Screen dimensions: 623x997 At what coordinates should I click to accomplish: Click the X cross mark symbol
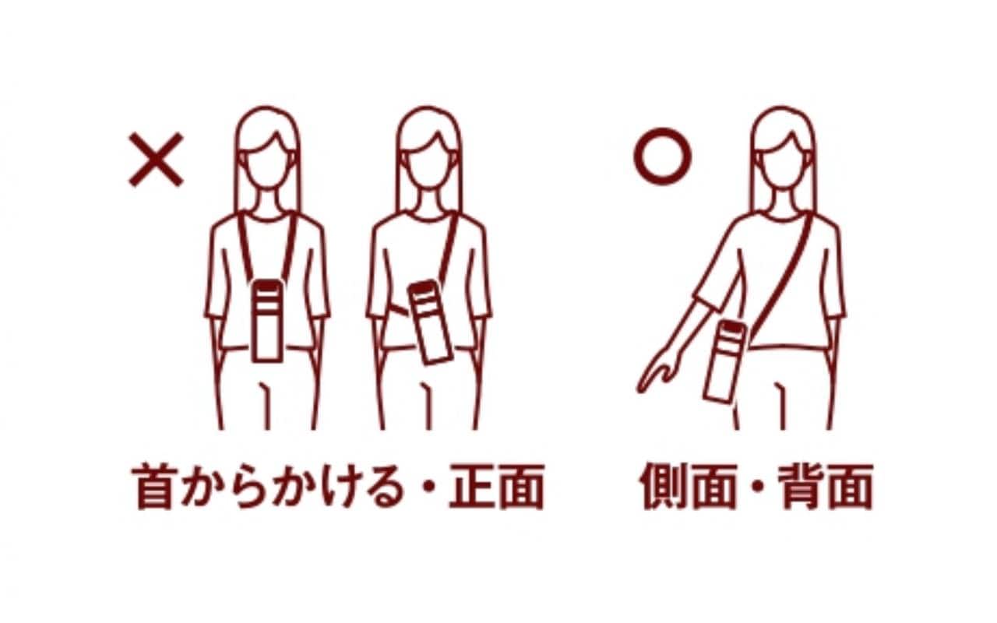tap(156, 160)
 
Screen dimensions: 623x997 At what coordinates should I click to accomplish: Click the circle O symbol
tap(662, 157)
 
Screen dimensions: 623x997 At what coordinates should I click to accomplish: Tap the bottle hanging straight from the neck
tap(266, 320)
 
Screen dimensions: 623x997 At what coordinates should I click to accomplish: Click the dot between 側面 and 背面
tap(756, 488)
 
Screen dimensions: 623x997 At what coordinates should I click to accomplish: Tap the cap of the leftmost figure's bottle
tap(266, 287)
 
